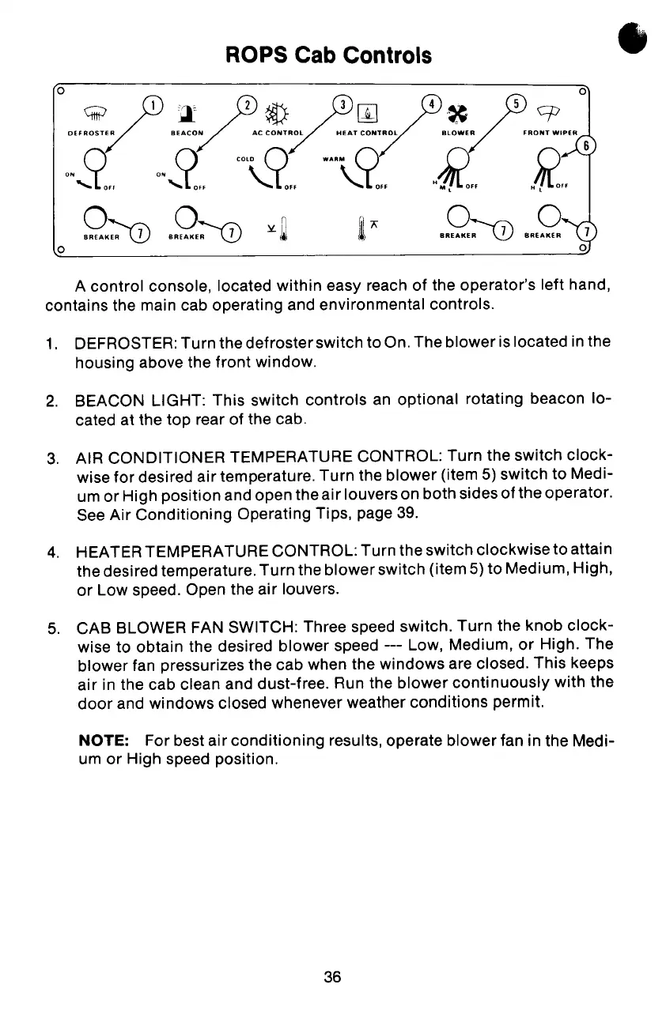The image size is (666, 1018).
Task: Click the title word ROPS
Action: pyautogui.click(x=254, y=56)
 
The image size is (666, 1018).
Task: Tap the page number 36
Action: pyautogui.click(x=332, y=978)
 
